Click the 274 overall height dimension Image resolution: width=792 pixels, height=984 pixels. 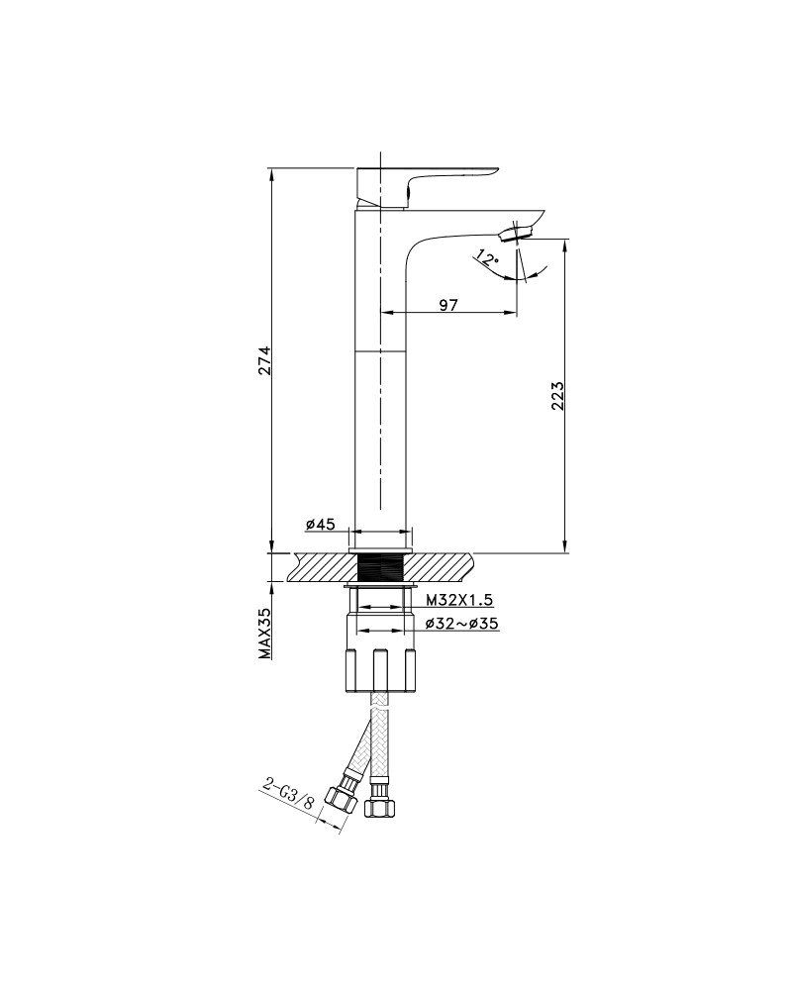[x=264, y=360]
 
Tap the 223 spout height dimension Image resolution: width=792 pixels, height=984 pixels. [x=558, y=396]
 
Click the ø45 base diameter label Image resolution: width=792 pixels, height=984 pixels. [x=321, y=524]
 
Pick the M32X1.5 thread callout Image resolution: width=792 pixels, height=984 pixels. [x=459, y=600]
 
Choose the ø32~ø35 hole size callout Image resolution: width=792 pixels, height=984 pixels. [x=461, y=624]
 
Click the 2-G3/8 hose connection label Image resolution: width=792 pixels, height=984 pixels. [x=288, y=793]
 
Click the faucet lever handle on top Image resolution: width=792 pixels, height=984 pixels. [x=427, y=186]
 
